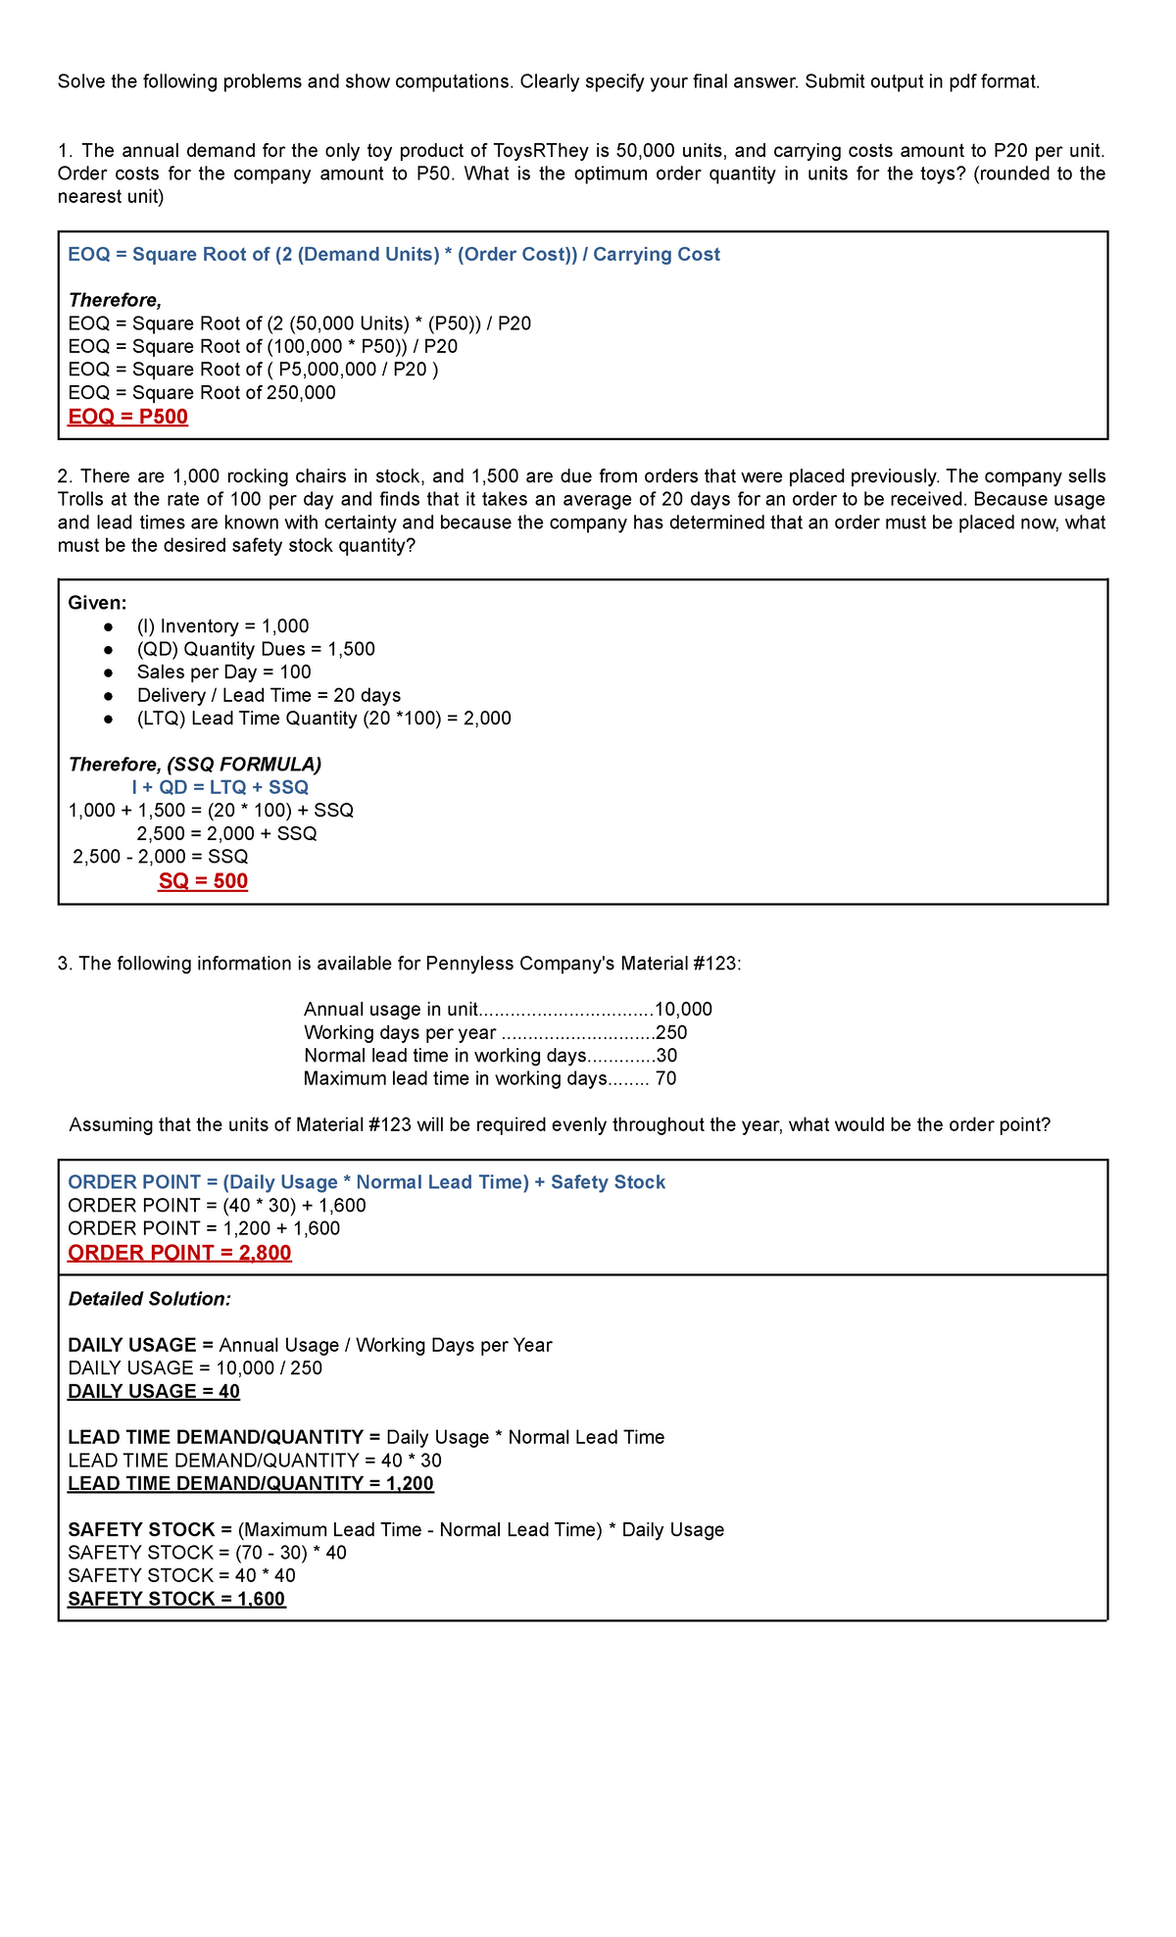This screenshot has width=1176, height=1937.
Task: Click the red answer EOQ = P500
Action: pos(127,417)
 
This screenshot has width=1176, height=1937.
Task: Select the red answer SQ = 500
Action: pos(203,881)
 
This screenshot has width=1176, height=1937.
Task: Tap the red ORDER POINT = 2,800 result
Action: pos(179,1253)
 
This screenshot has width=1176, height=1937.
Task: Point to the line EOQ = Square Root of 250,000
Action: pos(202,393)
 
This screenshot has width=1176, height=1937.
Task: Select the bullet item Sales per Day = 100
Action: pos(223,672)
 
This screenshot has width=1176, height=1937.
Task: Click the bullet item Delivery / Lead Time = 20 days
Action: pos(269,695)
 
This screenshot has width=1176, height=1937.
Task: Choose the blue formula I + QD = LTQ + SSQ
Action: pos(220,787)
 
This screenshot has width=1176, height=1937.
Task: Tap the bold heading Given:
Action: pos(97,603)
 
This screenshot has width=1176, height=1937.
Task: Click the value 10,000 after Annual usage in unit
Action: pos(683,1010)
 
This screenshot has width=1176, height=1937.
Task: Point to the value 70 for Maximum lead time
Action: pos(665,1079)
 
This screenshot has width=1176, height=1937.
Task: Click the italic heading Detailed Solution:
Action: pos(149,1299)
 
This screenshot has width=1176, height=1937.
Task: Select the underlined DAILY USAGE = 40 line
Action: pos(154,1392)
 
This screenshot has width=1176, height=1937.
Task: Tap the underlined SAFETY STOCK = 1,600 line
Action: pos(176,1599)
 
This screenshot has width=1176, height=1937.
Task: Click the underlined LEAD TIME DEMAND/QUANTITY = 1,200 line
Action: pos(250,1483)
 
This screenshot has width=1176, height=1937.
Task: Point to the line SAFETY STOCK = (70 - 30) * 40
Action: pos(207,1553)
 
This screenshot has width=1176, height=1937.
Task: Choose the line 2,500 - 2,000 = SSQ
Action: pos(161,857)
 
